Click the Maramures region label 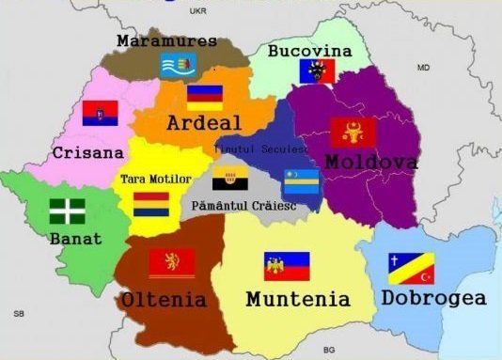click(166, 41)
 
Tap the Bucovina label click(309, 50)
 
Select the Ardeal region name click(204, 123)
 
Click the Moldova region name click(371, 163)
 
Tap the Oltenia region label click(164, 300)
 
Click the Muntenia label click(297, 299)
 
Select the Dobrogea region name click(434, 298)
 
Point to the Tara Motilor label click(156, 179)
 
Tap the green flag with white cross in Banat click(67, 211)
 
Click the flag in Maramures click(179, 65)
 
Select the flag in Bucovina click(317, 71)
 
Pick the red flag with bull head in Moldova click(353, 132)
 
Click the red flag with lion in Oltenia click(172, 262)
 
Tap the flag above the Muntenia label click(286, 266)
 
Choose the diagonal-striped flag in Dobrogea click(412, 268)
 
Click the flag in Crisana click(101, 114)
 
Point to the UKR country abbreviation click(196, 11)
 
